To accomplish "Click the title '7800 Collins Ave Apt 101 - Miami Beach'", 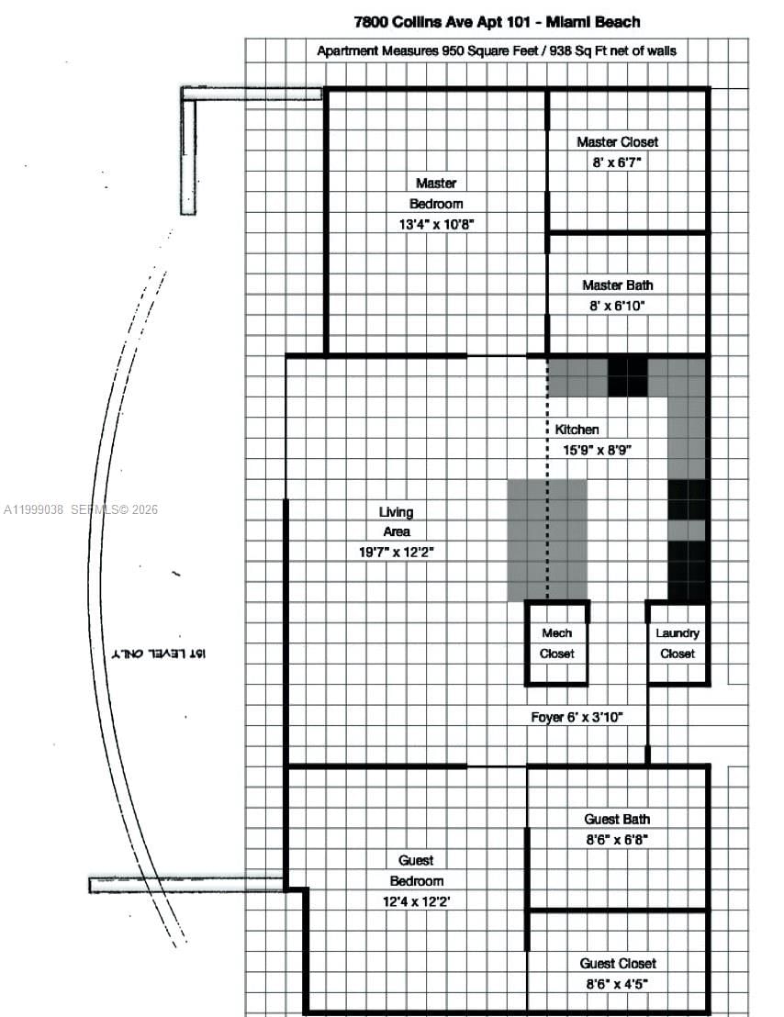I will [x=497, y=21].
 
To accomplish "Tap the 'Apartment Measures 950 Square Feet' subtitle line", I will [x=497, y=51].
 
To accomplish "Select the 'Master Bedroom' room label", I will [x=435, y=194].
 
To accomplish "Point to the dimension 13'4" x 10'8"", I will [x=436, y=224].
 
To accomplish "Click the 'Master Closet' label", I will [x=617, y=141].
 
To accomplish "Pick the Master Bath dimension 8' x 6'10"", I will [x=617, y=306].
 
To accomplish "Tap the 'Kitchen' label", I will [x=577, y=430].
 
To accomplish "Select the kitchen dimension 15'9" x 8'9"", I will [x=598, y=450].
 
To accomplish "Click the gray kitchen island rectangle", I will [x=547, y=540].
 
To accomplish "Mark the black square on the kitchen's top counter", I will [x=628, y=376].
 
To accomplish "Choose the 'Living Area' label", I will [x=396, y=521].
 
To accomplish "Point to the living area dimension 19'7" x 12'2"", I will [x=398, y=552].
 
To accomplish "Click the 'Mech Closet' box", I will [x=556, y=643].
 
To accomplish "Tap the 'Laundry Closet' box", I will [x=677, y=643].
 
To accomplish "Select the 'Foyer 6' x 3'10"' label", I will [x=577, y=717].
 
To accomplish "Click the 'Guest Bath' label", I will [x=617, y=819].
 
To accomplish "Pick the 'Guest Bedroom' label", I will [x=416, y=870].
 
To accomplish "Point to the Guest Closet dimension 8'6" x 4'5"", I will [x=617, y=984].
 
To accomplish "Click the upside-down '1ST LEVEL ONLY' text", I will [x=158, y=653].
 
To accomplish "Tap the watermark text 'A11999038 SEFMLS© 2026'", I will [x=81, y=509].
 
